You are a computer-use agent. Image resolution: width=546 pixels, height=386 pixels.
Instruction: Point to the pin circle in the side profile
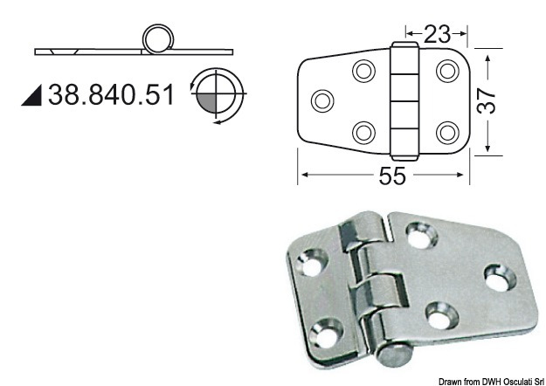coord(158,39)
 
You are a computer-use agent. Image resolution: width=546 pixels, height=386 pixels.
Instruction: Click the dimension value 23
coord(437,35)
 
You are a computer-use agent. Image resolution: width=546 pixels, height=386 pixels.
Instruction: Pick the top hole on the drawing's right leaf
coord(446,70)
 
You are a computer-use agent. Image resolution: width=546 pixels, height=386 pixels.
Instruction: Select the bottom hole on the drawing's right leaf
coord(446,132)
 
